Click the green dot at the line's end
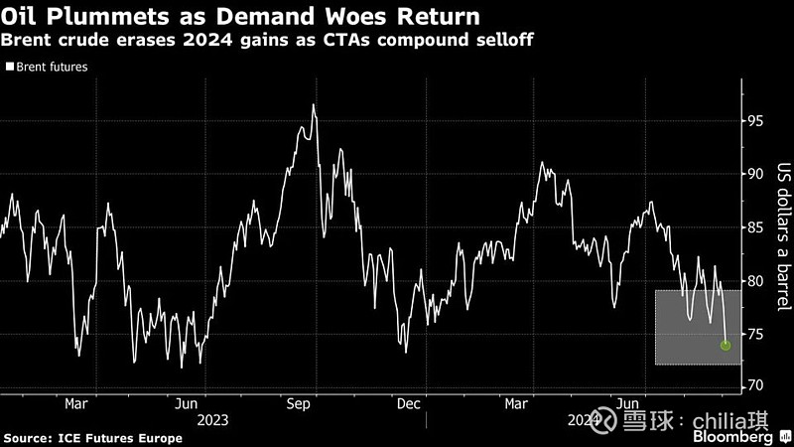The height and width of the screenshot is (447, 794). click(726, 346)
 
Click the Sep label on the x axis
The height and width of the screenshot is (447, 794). click(302, 404)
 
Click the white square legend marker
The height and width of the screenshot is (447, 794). click(10, 68)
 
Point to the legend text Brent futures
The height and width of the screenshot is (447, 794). click(52, 68)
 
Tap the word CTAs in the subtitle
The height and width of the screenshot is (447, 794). click(350, 42)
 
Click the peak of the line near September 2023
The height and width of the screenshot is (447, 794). click(314, 104)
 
